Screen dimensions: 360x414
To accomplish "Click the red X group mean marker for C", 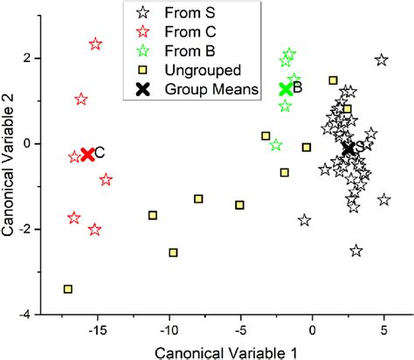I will click(x=87, y=155).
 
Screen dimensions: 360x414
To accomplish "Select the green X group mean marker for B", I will click(x=285, y=88).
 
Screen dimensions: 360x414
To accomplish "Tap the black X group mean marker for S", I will click(x=348, y=149).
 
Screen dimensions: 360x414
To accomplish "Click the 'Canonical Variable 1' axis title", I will click(x=226, y=351).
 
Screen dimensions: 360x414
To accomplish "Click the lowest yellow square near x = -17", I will click(x=68, y=289).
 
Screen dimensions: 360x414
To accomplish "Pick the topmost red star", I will click(x=95, y=44).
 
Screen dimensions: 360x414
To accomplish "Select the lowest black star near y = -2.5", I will click(x=356, y=251).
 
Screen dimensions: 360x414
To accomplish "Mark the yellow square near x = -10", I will click(x=173, y=253).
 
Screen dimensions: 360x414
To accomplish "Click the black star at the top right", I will click(x=381, y=60).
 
